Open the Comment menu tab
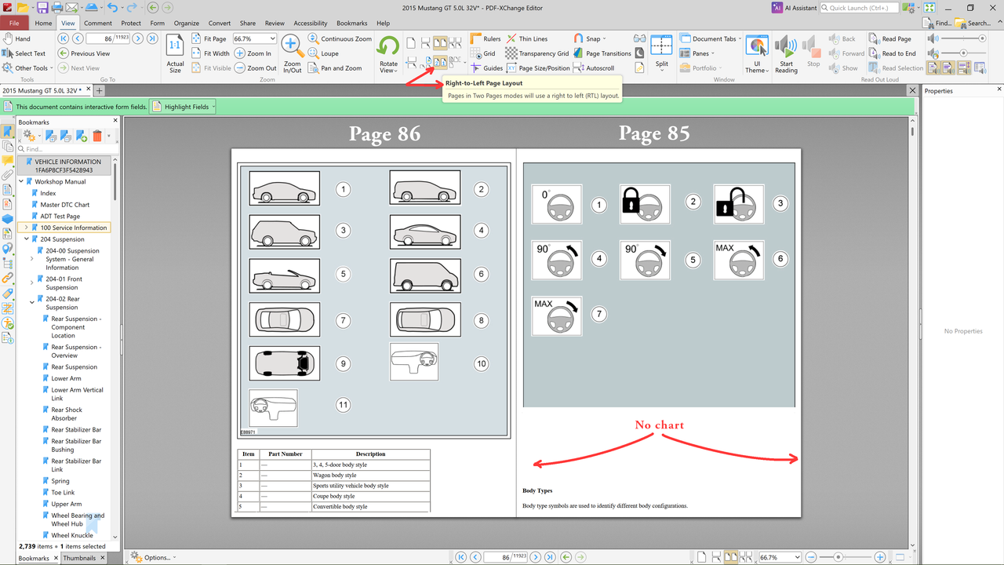tap(98, 24)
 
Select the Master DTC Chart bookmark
tap(64, 205)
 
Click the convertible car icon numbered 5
tap(284, 275)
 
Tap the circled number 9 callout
tap(343, 363)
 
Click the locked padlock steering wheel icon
tap(645, 204)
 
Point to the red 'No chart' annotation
tap(660, 425)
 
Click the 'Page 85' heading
tap(654, 133)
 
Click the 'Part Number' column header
tap(285, 454)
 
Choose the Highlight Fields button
tap(183, 107)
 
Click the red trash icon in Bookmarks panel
tap(96, 136)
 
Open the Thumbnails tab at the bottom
tap(79, 558)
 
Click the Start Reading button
tap(786, 54)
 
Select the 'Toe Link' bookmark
tap(63, 492)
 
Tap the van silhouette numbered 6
tap(425, 275)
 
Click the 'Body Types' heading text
tap(537, 490)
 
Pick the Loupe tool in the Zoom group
tap(324, 53)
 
